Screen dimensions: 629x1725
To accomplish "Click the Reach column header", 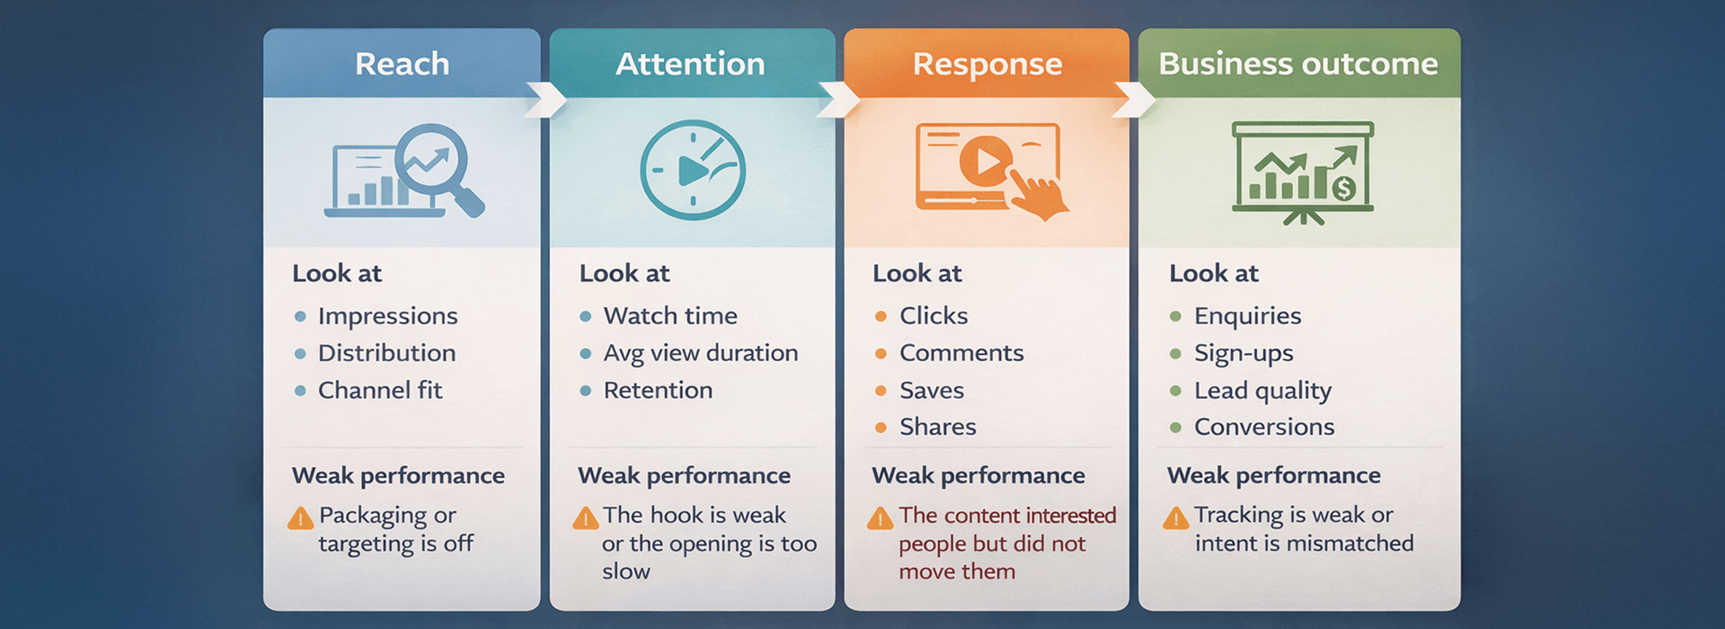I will pyautogui.click(x=402, y=64).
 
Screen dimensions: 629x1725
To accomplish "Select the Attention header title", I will pyautogui.click(x=690, y=64).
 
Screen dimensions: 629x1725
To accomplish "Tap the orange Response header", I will pyautogui.click(x=986, y=64).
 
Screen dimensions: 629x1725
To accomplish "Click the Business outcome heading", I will pyautogui.click(x=1298, y=64).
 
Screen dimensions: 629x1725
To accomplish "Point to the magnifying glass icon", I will pyautogui.click(x=436, y=163).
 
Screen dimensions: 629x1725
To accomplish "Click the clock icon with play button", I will pyautogui.click(x=692, y=170).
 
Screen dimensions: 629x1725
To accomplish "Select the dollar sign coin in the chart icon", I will pyautogui.click(x=1343, y=188).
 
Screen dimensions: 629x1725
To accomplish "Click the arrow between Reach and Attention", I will pyautogui.click(x=545, y=100).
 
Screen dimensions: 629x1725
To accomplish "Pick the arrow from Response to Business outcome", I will pyautogui.click(x=1134, y=100).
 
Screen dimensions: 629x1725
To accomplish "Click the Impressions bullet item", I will pyautogui.click(x=387, y=316).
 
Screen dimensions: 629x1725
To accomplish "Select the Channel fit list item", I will pyautogui.click(x=380, y=390).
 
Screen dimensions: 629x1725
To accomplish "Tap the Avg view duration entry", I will pyautogui.click(x=701, y=353).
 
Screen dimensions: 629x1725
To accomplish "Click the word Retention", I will pyautogui.click(x=658, y=390).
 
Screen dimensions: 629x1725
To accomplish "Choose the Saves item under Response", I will pyautogui.click(x=932, y=390).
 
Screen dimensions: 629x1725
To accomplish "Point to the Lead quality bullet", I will pyautogui.click(x=1262, y=390).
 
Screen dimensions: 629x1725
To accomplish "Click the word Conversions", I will pyautogui.click(x=1264, y=427).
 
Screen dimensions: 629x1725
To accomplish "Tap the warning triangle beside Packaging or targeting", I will pyautogui.click(x=300, y=518).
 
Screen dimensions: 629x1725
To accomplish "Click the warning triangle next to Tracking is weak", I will pyautogui.click(x=1175, y=518).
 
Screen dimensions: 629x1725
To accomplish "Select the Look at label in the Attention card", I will pyautogui.click(x=624, y=273).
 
